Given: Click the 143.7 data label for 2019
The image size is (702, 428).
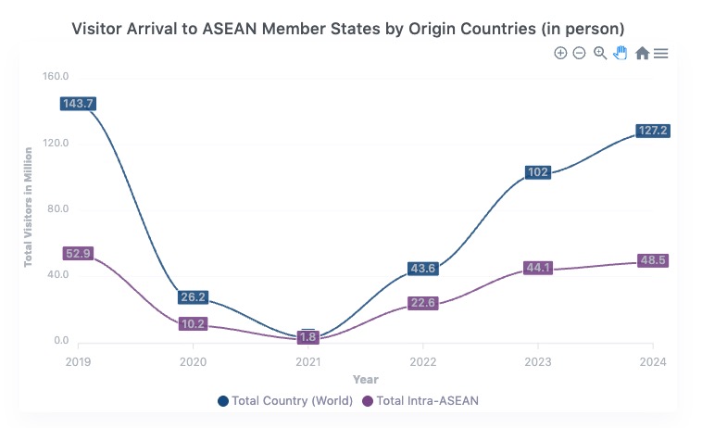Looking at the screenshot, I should (x=78, y=104).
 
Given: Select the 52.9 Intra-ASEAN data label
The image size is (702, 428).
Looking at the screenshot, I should (x=78, y=254).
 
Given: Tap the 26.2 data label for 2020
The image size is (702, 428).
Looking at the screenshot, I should (x=193, y=297).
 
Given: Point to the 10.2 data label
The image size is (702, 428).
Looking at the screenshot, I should (x=193, y=324).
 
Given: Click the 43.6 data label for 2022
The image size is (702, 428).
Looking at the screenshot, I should (x=422, y=269).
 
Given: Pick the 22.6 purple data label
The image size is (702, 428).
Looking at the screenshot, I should (x=422, y=303).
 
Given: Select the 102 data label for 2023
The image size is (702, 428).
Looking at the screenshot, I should (x=537, y=172).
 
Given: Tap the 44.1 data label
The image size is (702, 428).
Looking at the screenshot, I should (x=537, y=269).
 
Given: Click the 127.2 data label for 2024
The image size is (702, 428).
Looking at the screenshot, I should (x=652, y=131).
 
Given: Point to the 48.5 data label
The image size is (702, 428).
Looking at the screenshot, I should (x=652, y=261).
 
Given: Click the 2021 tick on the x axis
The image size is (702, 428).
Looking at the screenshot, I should (x=307, y=360).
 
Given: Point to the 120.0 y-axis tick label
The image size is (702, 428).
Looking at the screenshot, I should (x=56, y=144).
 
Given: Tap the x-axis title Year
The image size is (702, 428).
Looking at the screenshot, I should (x=365, y=379).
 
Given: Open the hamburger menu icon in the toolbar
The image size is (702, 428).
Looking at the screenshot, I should (x=661, y=54).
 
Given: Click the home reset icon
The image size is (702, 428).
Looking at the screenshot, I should (x=642, y=54).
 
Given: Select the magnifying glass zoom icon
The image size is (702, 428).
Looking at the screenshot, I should (x=600, y=54).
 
